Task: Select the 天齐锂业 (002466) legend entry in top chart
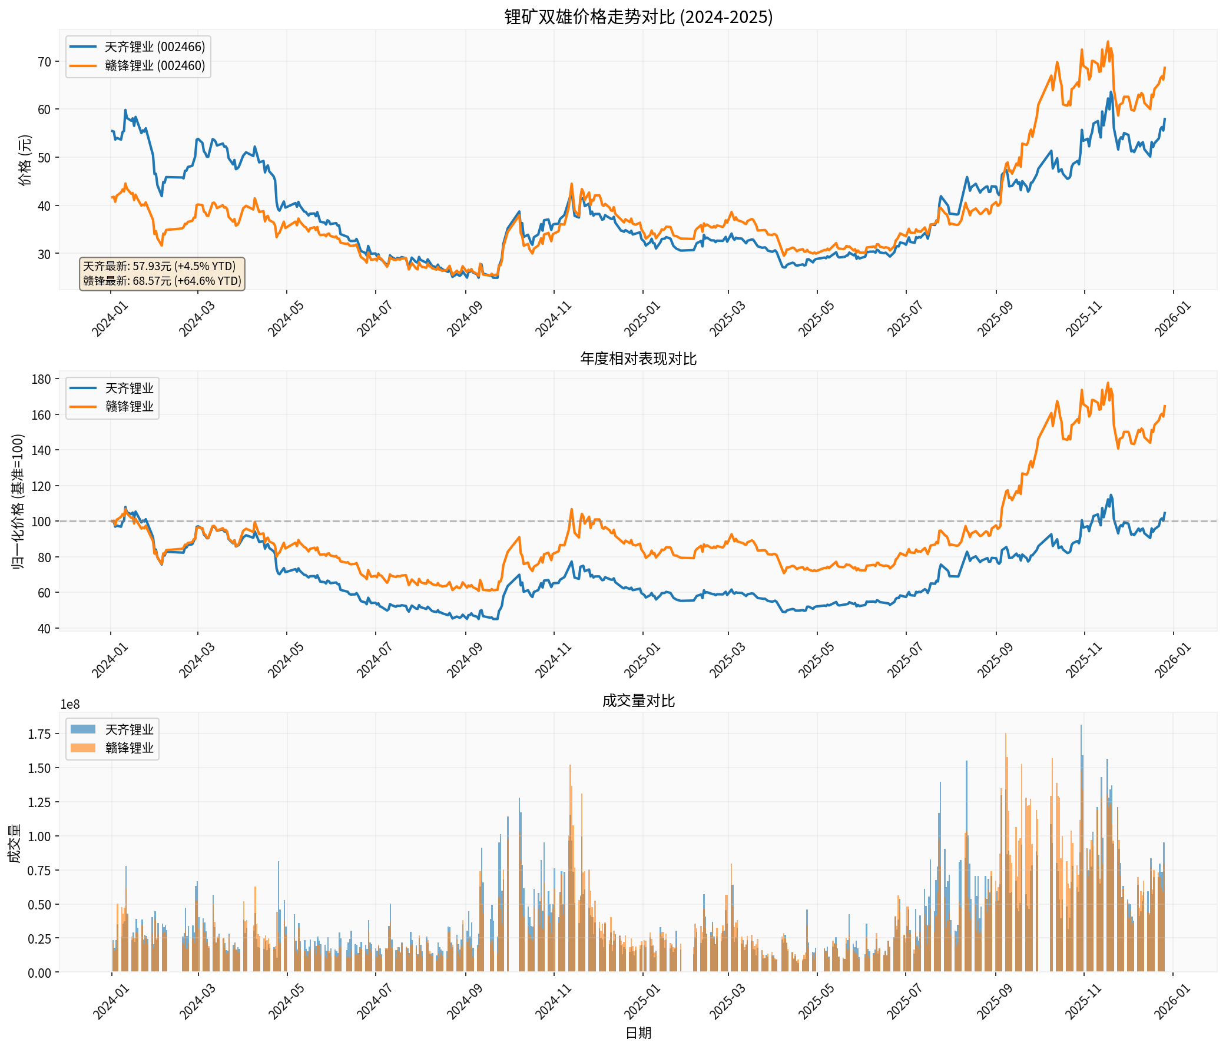pos(154,47)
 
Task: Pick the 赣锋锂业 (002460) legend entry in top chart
pos(154,66)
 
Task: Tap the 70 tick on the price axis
pos(45,62)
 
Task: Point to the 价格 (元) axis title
pos(25,160)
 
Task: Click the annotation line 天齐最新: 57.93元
pos(158,266)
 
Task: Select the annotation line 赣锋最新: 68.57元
pos(161,280)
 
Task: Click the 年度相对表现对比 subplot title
pos(638,358)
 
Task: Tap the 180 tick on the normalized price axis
pos(41,379)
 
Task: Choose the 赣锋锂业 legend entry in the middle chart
pos(129,406)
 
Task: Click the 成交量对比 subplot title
pos(638,701)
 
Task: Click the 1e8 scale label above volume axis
pos(70,704)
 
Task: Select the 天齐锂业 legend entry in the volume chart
pos(129,729)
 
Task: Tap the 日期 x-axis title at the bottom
pos(638,1033)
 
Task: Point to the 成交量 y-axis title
pos(14,843)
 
